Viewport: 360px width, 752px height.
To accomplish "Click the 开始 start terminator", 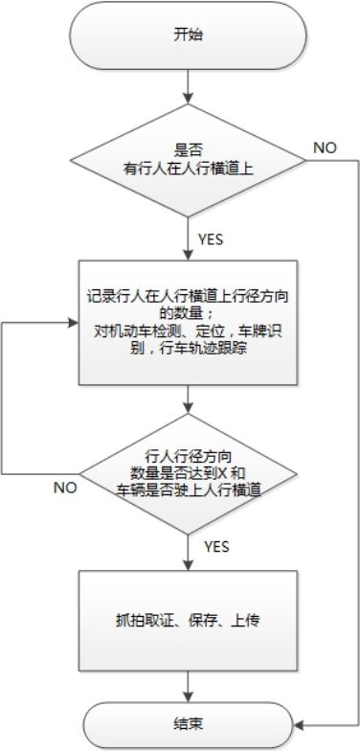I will click(x=188, y=34).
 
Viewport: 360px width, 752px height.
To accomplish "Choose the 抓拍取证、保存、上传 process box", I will click(x=188, y=621).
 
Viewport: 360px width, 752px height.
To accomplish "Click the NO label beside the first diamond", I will click(x=324, y=147).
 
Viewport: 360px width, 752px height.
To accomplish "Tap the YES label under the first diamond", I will click(x=211, y=238).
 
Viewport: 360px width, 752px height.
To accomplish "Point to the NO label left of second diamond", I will click(x=64, y=487).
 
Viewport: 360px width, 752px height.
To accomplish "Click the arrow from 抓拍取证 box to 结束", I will click(x=188, y=685).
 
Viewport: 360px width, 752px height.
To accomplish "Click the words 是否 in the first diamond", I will click(x=188, y=148).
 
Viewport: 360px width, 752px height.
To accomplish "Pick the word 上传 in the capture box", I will click(x=247, y=621).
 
